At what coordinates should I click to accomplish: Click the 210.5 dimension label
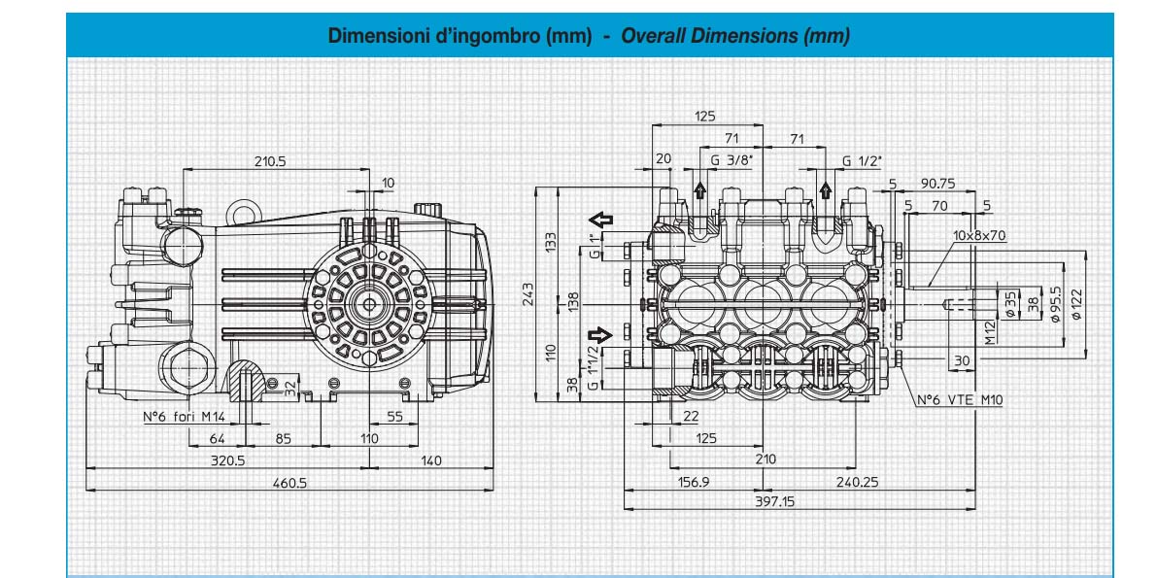point(270,161)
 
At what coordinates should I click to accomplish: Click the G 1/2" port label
point(863,161)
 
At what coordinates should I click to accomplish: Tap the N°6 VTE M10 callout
point(959,400)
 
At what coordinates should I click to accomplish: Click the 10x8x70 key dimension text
point(979,235)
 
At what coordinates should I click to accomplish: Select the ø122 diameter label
point(1076,305)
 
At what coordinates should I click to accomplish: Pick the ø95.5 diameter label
point(1055,304)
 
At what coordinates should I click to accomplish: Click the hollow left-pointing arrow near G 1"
point(601,219)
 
